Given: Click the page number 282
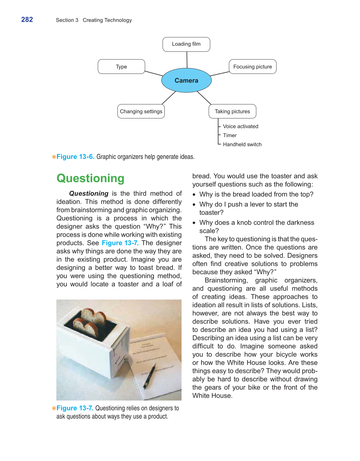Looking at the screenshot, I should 27,20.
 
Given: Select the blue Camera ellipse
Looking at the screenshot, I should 186,80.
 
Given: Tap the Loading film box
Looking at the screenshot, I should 186,44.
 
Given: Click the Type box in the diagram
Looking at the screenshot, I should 121,67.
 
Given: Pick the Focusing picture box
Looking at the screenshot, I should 253,67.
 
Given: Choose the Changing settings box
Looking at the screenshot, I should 141,111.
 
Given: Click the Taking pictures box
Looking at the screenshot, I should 232,111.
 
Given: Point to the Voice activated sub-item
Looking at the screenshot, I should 240,126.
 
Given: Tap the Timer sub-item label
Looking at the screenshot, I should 230,135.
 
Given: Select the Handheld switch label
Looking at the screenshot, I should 242,144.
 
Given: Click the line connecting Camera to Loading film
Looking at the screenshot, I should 187,60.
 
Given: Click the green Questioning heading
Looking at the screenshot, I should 90,178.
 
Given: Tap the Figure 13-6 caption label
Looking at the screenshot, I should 75,157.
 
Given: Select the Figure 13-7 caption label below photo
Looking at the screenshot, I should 75,408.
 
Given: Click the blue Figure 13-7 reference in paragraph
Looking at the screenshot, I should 120,243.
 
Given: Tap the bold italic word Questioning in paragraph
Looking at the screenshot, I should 89,194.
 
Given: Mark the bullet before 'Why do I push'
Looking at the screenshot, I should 194,205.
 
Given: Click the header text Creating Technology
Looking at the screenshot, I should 107,20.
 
